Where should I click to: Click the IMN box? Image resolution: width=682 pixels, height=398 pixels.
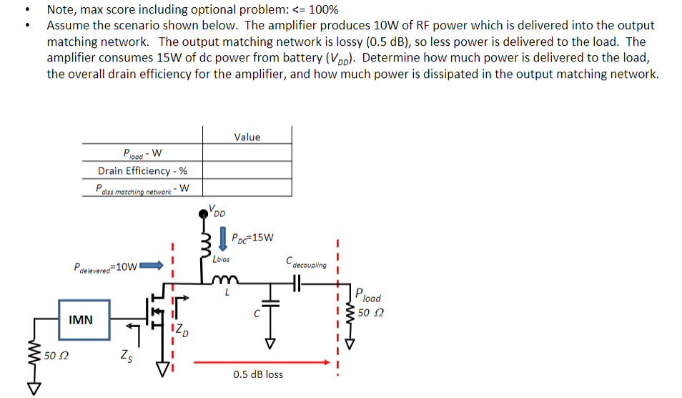81,320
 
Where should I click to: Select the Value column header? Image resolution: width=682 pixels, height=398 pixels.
247,137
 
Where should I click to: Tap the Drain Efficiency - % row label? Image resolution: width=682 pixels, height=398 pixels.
142,170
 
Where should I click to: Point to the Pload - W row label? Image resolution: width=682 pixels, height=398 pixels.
142,152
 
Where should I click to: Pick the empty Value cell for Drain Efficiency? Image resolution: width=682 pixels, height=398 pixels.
247,170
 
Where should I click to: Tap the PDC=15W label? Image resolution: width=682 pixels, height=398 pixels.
253,237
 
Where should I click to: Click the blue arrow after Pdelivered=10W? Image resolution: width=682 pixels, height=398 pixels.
151,267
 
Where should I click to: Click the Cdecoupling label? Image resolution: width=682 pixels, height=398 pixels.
305,262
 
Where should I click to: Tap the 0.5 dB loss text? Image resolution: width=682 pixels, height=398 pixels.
258,374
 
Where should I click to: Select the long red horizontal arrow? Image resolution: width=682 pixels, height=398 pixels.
257,361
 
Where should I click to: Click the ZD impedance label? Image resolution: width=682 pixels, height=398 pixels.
182,331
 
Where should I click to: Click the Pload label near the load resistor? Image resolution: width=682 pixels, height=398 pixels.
368,296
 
